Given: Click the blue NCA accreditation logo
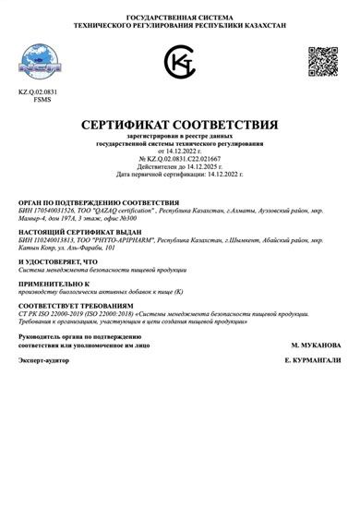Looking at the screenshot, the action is tap(36, 61).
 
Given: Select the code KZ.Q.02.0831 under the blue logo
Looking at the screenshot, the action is tap(37, 92).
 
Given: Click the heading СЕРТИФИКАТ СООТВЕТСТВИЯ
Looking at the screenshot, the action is tap(179, 124).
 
